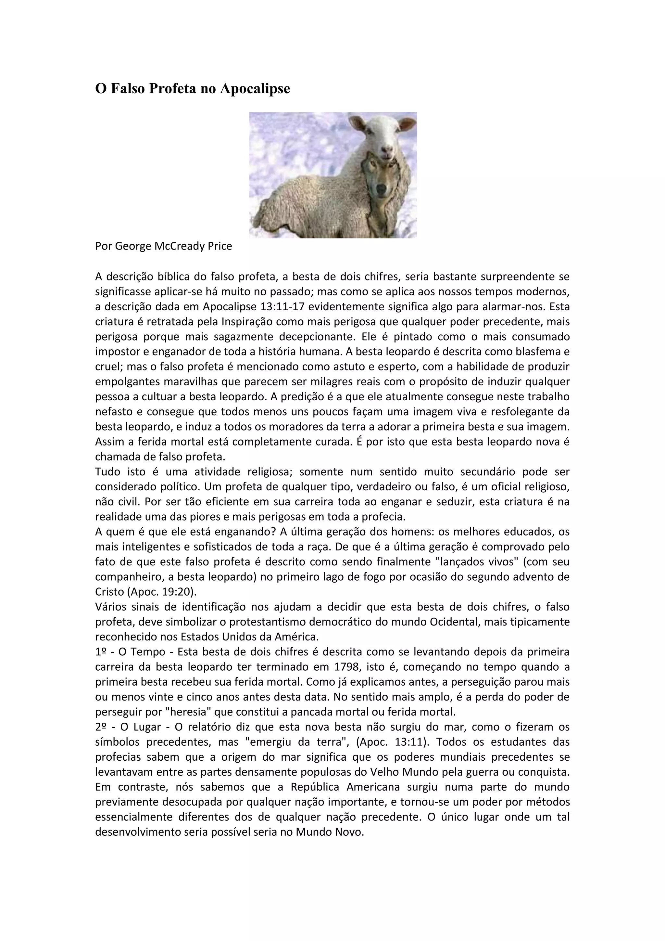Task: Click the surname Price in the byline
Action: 219,246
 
